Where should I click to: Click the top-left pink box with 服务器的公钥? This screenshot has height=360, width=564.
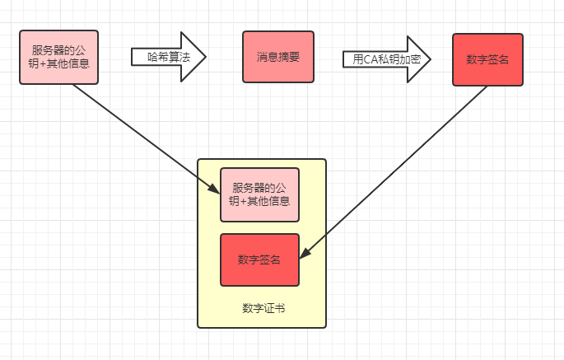point(58,57)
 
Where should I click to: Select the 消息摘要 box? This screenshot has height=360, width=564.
point(277,57)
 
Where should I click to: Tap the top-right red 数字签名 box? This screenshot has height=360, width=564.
point(487,58)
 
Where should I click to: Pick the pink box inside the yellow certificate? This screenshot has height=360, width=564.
point(259,194)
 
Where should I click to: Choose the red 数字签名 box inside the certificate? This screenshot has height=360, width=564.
point(259,259)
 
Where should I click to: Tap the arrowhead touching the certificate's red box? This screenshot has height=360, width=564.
point(303,255)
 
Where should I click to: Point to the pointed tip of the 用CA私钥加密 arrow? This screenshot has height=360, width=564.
point(429,58)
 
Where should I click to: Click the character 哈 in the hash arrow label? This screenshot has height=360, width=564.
point(152,57)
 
